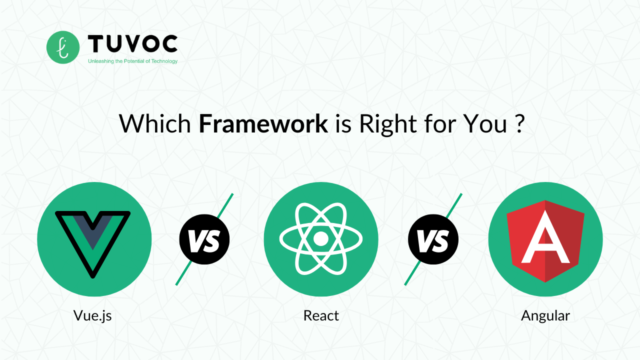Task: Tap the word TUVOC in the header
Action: click(132, 44)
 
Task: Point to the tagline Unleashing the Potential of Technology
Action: click(132, 61)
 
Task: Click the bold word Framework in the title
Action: click(263, 124)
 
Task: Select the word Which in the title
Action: click(155, 124)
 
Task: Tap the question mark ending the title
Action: click(518, 124)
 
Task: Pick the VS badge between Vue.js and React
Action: click(204, 240)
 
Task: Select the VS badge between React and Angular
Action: click(433, 240)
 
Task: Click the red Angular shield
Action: click(545, 240)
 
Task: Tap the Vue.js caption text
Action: click(92, 316)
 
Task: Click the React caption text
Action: click(321, 316)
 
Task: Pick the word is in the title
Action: click(343, 124)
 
